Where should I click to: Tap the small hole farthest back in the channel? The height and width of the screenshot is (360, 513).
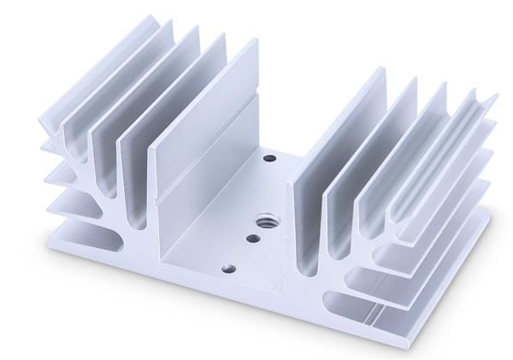pyautogui.click(x=270, y=158)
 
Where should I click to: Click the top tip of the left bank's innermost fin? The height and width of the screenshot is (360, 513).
pyautogui.click(x=255, y=42)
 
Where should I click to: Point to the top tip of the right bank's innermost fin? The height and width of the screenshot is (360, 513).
pyautogui.click(x=382, y=71)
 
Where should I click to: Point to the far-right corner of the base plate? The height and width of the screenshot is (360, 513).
pyautogui.click(x=494, y=198)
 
